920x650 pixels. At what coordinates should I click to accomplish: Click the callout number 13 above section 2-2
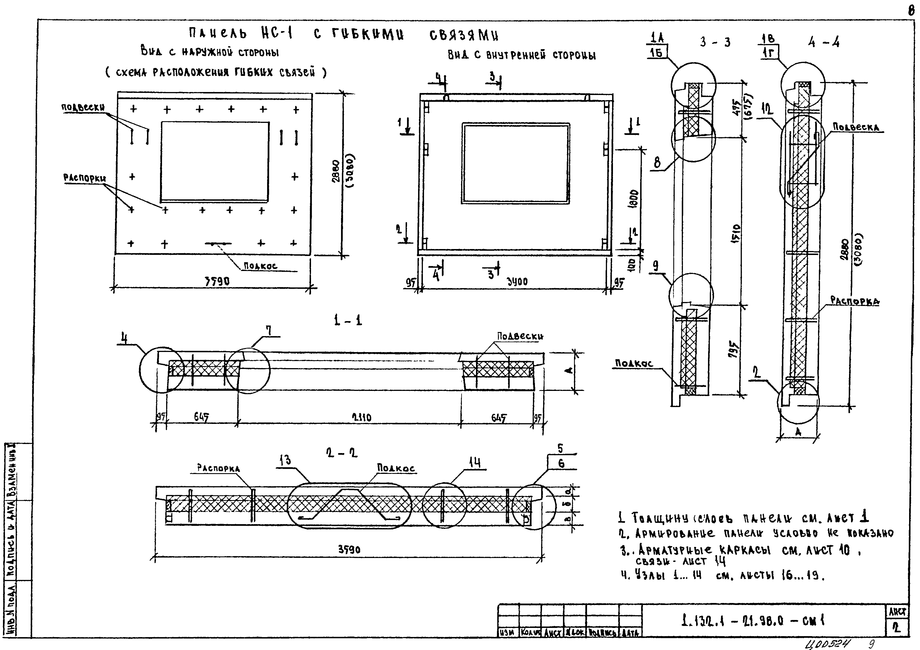tap(285, 461)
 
